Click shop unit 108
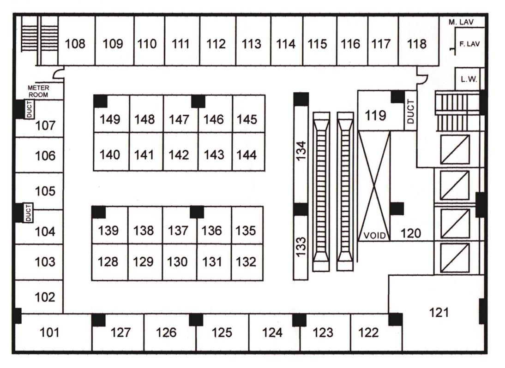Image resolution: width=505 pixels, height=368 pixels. [76, 44]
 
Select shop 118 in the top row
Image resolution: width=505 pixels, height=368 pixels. [417, 44]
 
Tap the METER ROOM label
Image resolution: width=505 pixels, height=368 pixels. [38, 91]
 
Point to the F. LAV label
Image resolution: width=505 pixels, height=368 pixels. [469, 45]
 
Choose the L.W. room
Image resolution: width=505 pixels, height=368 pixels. [469, 79]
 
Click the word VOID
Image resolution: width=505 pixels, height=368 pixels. [374, 235]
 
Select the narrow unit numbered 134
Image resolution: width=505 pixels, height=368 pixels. [301, 152]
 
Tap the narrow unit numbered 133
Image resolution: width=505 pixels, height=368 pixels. [301, 247]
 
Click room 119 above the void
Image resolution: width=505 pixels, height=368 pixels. [375, 115]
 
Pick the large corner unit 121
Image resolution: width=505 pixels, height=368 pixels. [439, 313]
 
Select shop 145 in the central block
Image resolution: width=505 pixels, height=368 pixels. [247, 119]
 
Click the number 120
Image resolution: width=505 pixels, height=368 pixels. [411, 234]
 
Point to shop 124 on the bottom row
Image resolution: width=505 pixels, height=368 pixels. [272, 332]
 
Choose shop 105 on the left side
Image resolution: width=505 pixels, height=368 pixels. [45, 191]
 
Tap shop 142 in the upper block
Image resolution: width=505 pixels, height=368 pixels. [179, 155]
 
